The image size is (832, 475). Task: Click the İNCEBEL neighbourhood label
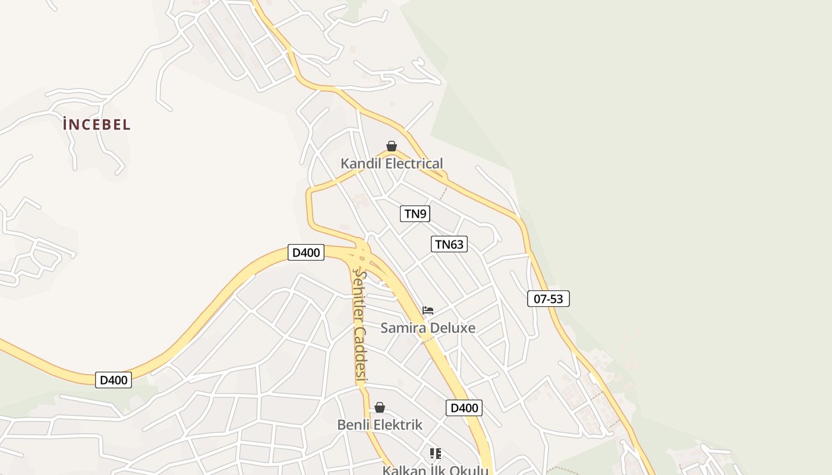tap(96, 125)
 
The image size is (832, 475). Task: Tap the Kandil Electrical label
tap(392, 163)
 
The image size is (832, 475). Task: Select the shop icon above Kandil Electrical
tap(392, 146)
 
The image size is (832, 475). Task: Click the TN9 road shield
tap(415, 214)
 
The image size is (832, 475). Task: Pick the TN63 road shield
tap(449, 244)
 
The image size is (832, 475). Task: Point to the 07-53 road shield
tap(548, 299)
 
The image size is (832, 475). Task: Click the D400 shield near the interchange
tap(306, 252)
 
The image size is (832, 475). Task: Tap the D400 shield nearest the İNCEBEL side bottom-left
tap(114, 380)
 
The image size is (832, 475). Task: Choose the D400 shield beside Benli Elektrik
tap(464, 408)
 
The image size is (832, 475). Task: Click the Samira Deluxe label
tap(427, 328)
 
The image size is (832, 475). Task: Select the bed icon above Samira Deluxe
tap(428, 311)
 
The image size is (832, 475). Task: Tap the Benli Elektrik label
tap(380, 425)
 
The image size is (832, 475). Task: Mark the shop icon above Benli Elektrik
tap(380, 407)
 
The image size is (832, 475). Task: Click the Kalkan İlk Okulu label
tap(435, 470)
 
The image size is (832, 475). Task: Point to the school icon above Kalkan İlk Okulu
tap(436, 454)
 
